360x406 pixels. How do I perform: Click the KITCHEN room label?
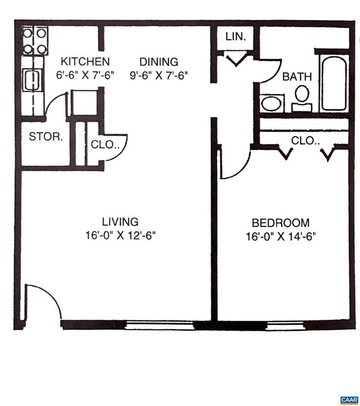click(x=85, y=61)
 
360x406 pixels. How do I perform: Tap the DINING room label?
click(x=158, y=62)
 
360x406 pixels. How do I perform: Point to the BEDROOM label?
click(x=280, y=223)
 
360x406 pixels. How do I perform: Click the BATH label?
click(x=297, y=77)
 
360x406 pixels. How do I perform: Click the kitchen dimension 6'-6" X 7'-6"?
click(x=85, y=75)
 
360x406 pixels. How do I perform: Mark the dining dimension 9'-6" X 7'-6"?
click(x=160, y=75)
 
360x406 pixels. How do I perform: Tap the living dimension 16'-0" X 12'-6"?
click(x=120, y=235)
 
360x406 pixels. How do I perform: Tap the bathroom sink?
click(x=271, y=103)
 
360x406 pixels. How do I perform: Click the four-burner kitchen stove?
click(x=34, y=40)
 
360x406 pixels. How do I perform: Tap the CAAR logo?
click(x=349, y=399)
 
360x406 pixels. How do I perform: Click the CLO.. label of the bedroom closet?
click(x=306, y=141)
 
